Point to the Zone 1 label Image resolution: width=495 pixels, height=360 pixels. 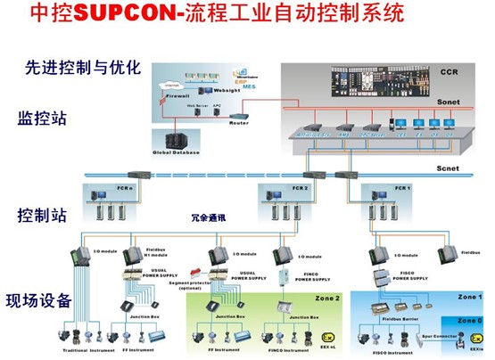(470, 296)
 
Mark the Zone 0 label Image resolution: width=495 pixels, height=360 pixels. (470, 318)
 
